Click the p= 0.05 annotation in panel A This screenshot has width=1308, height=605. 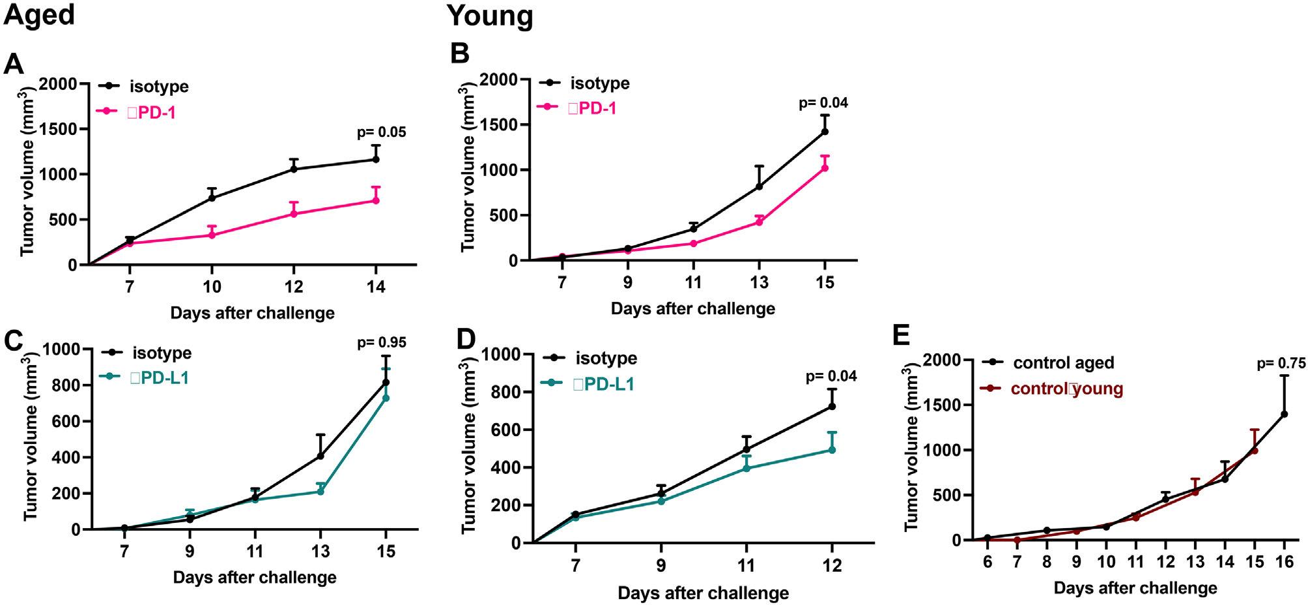coord(381,133)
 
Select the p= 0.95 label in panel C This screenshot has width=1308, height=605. coord(382,342)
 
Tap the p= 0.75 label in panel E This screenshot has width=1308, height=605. coord(1281,364)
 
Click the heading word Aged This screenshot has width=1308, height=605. coord(39,14)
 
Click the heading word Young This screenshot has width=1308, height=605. coord(490,16)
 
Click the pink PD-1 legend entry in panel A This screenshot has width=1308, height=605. coord(151,112)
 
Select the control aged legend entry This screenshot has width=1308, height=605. coord(1062,362)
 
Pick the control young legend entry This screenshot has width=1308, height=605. coord(1066,389)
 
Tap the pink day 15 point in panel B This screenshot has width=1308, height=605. coord(825,168)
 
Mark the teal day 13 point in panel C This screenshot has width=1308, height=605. coord(320,491)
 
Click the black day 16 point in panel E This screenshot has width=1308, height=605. coord(1284,414)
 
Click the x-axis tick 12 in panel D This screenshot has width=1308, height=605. coord(831,565)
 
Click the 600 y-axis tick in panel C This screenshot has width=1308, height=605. coord(63,421)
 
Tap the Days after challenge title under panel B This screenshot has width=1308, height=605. coord(692,308)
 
